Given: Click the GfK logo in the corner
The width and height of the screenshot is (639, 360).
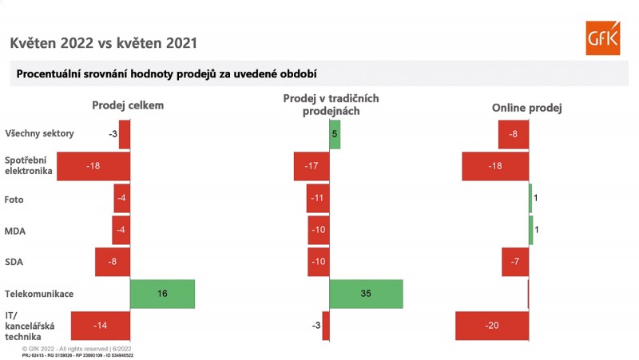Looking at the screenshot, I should (602, 38).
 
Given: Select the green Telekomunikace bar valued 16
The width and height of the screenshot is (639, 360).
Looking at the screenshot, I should (162, 294).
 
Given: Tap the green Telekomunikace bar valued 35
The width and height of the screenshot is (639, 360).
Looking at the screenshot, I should (366, 294).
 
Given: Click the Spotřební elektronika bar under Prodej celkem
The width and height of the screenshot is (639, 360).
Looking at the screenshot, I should (93, 166).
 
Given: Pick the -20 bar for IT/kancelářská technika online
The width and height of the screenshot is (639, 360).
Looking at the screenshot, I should (492, 326).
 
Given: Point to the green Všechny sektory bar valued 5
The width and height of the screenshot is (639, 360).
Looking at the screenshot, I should (335, 134).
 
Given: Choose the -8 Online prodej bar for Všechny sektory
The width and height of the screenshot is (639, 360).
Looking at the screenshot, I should (513, 134).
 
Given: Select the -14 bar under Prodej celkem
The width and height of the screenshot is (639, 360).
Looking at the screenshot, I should (100, 326).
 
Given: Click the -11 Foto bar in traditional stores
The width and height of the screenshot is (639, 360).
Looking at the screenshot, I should (317, 198).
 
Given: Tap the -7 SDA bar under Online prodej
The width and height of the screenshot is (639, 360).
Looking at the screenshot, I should (515, 262).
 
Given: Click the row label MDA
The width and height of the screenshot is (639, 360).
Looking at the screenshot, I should (15, 231).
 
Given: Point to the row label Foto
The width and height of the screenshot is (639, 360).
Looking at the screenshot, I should (14, 199).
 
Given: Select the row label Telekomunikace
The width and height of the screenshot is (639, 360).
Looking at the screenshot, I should (39, 294).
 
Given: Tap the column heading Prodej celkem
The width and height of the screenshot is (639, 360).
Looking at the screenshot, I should (129, 105).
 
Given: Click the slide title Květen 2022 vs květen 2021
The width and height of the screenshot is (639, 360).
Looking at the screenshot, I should (103, 42).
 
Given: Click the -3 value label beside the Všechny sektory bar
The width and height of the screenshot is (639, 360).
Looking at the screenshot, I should (113, 134).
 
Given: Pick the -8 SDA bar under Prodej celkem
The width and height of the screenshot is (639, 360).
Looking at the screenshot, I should (112, 262).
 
